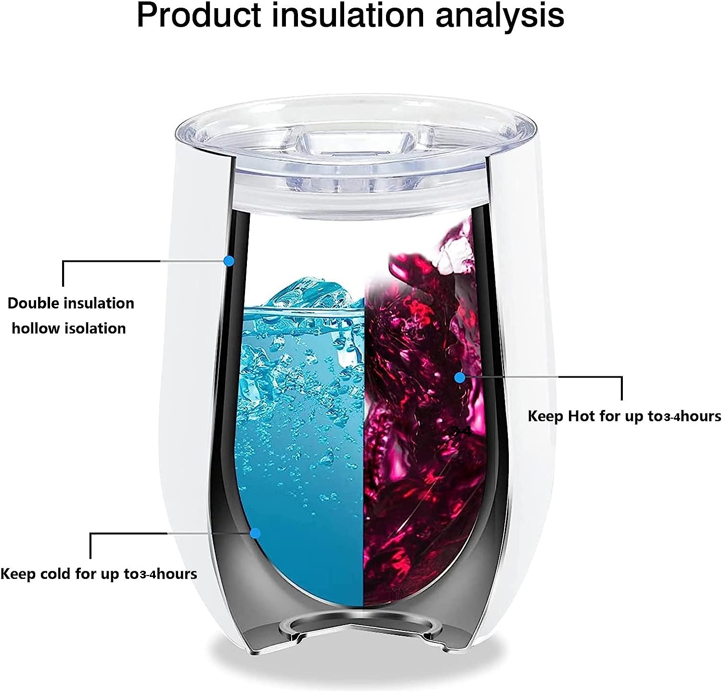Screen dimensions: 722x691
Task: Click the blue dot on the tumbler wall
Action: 229,261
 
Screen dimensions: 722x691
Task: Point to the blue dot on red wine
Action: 460,378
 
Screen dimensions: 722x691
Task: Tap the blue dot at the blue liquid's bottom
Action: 256,533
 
